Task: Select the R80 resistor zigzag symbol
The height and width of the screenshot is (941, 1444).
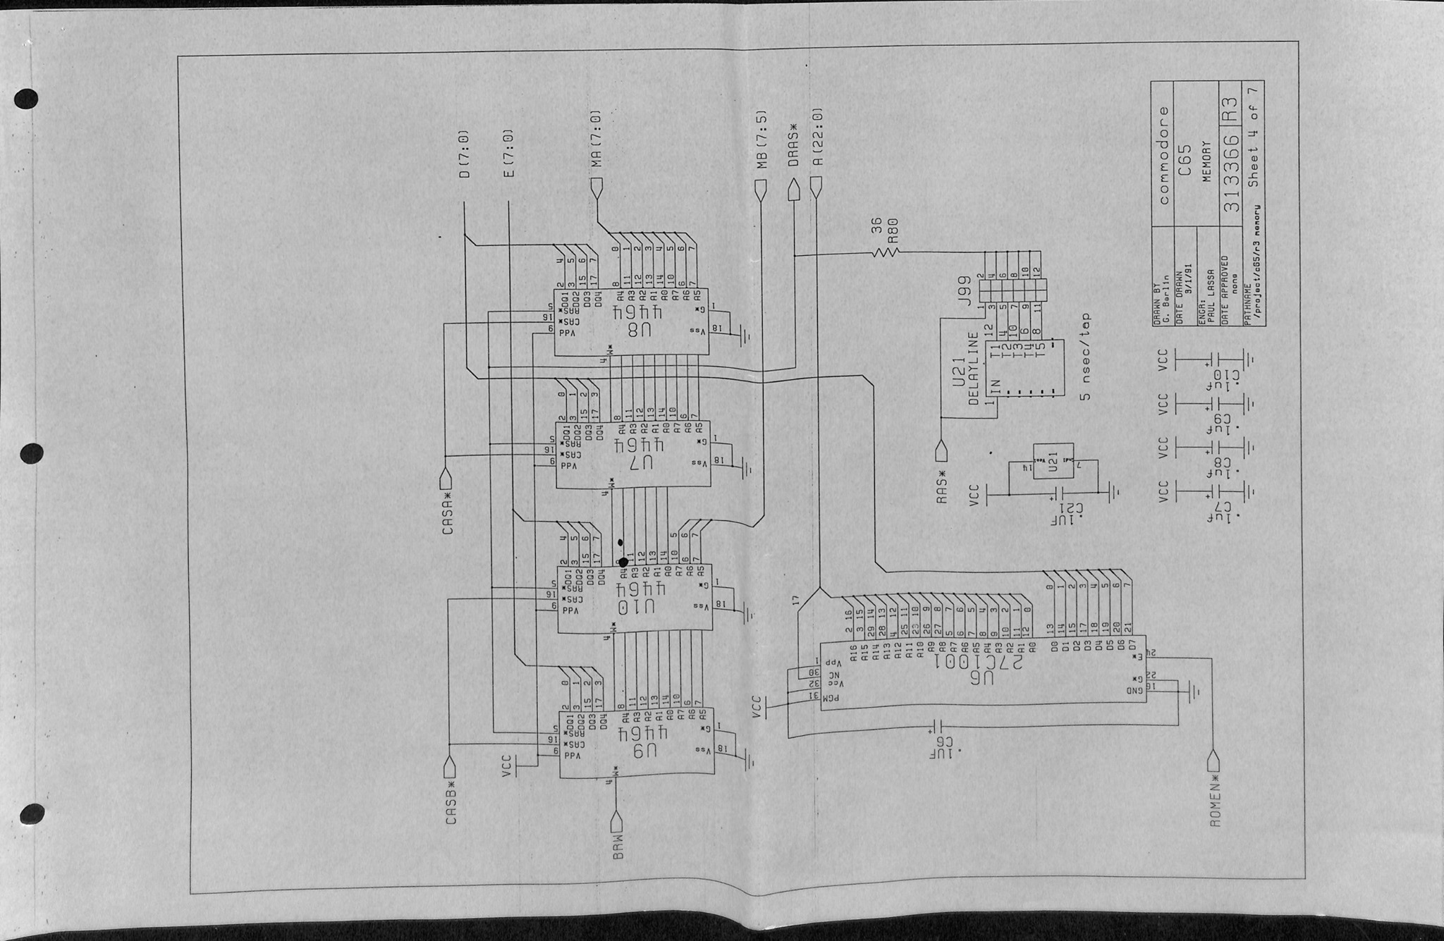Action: [885, 252]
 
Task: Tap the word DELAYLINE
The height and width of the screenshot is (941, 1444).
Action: [974, 369]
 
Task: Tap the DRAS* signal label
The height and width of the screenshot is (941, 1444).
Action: [793, 151]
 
